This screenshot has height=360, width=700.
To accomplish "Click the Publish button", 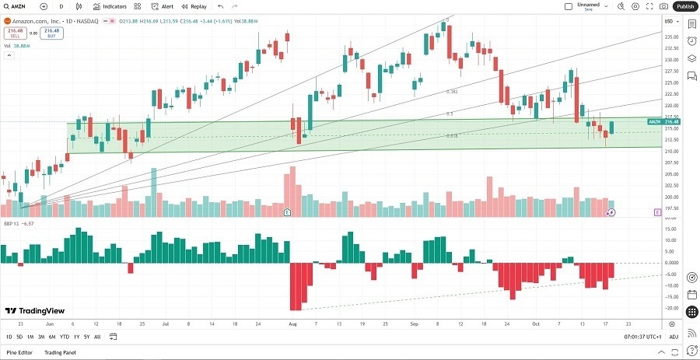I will tap(685, 6).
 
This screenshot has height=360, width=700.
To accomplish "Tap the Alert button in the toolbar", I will tap(163, 6).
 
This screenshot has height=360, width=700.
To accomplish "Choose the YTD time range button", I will tap(64, 337).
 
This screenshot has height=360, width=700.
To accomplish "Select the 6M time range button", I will tap(51, 337).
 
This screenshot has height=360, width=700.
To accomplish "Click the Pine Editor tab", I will tap(21, 352).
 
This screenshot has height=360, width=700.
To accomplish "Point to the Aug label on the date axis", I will tap(292, 322).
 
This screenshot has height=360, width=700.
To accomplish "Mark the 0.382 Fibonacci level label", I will tap(451, 92).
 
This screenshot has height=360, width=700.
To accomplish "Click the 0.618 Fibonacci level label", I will tap(451, 136).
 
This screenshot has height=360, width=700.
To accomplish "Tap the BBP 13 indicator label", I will tap(11, 222).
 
